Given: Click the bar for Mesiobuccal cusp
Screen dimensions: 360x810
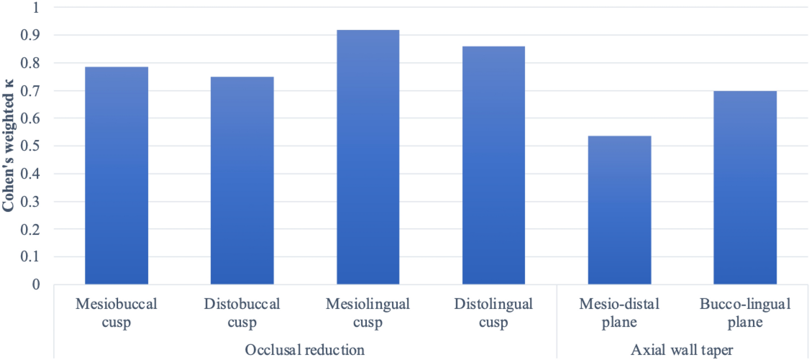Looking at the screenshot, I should point(116,175).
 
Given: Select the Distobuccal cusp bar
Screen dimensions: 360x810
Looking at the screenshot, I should point(242,180).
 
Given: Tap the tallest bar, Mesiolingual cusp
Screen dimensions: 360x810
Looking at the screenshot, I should point(368,157).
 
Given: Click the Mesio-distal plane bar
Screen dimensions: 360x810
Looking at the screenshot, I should point(619,210).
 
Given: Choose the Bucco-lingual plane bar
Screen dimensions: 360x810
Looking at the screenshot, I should point(745,188).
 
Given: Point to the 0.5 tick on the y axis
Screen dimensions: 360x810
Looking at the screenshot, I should point(30,146).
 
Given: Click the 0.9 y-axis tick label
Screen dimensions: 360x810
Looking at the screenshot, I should point(30,35).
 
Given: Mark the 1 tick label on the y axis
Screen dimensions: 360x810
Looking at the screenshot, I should point(36,7).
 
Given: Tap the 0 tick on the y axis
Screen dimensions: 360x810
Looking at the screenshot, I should point(36,285).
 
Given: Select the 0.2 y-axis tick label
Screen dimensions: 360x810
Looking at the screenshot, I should point(30,229).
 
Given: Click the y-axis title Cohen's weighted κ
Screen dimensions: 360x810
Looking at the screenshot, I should point(8,145).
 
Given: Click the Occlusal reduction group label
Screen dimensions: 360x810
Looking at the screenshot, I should point(305,350).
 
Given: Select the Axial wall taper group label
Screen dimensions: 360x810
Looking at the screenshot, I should point(682,350).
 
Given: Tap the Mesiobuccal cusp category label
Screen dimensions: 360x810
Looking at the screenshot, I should point(116,313).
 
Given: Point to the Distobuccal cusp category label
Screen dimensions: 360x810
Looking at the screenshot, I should point(242,313).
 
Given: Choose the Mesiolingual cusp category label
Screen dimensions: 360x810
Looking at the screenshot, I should point(368,313).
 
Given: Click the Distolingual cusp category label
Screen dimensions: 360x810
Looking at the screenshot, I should point(493,313).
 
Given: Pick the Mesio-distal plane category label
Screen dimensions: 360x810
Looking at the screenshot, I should point(619,313).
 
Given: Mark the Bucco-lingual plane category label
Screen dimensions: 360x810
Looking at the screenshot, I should point(745,313).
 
